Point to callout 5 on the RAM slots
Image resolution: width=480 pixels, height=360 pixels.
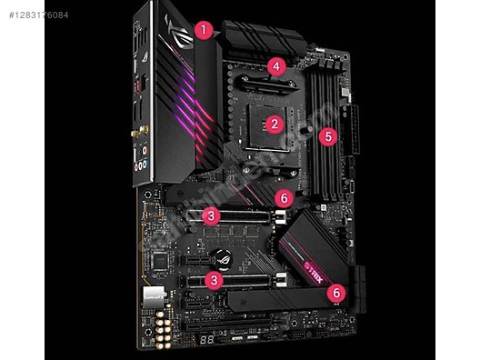click(329, 137)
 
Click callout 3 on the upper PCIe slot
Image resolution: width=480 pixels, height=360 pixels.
click(211, 215)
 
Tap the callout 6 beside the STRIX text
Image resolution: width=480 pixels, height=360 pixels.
click(336, 293)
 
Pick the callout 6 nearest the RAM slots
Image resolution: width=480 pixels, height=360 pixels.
click(285, 196)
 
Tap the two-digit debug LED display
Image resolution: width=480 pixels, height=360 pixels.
click(210, 338)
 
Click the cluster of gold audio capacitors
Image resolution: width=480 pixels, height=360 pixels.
click(165, 333)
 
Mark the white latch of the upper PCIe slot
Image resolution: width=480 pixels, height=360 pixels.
click(280, 216)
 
